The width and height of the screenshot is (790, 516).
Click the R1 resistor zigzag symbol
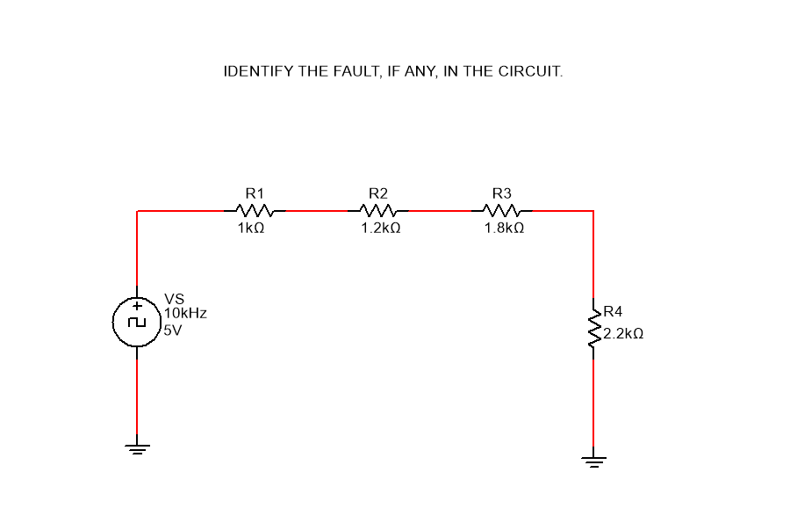(x=255, y=211)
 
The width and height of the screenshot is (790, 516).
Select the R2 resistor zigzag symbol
(x=378, y=211)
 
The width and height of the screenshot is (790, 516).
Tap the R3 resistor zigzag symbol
(x=502, y=211)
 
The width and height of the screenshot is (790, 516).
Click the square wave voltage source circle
(x=136, y=322)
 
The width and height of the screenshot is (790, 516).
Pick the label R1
(x=255, y=193)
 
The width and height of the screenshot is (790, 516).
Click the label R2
(x=378, y=193)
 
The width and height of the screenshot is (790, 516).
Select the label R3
(x=502, y=193)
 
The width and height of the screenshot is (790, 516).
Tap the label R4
(x=613, y=312)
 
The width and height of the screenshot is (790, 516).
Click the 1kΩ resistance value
(x=251, y=228)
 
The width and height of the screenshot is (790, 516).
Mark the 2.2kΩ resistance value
(x=623, y=334)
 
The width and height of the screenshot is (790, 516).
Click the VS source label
(x=174, y=298)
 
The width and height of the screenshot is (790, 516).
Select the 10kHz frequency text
(x=185, y=312)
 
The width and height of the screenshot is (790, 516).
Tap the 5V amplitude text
(x=172, y=331)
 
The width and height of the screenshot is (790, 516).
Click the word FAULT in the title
(x=353, y=71)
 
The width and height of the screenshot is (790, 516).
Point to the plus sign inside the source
(x=136, y=307)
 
